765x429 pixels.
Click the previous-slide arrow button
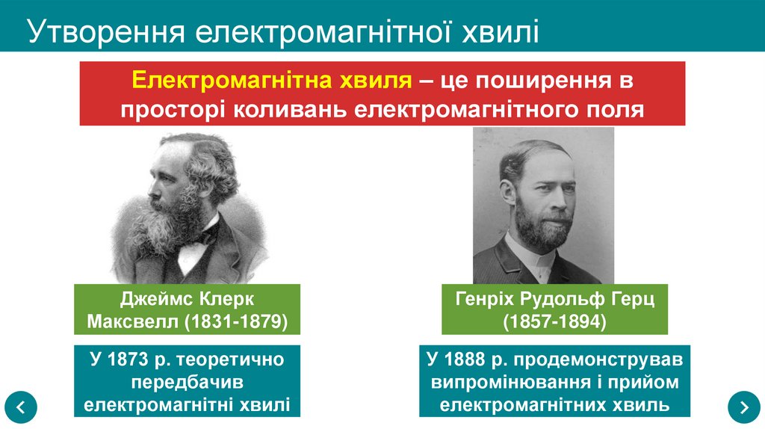[19, 407]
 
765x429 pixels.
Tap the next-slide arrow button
[744, 407]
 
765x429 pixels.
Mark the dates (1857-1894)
[554, 322]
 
